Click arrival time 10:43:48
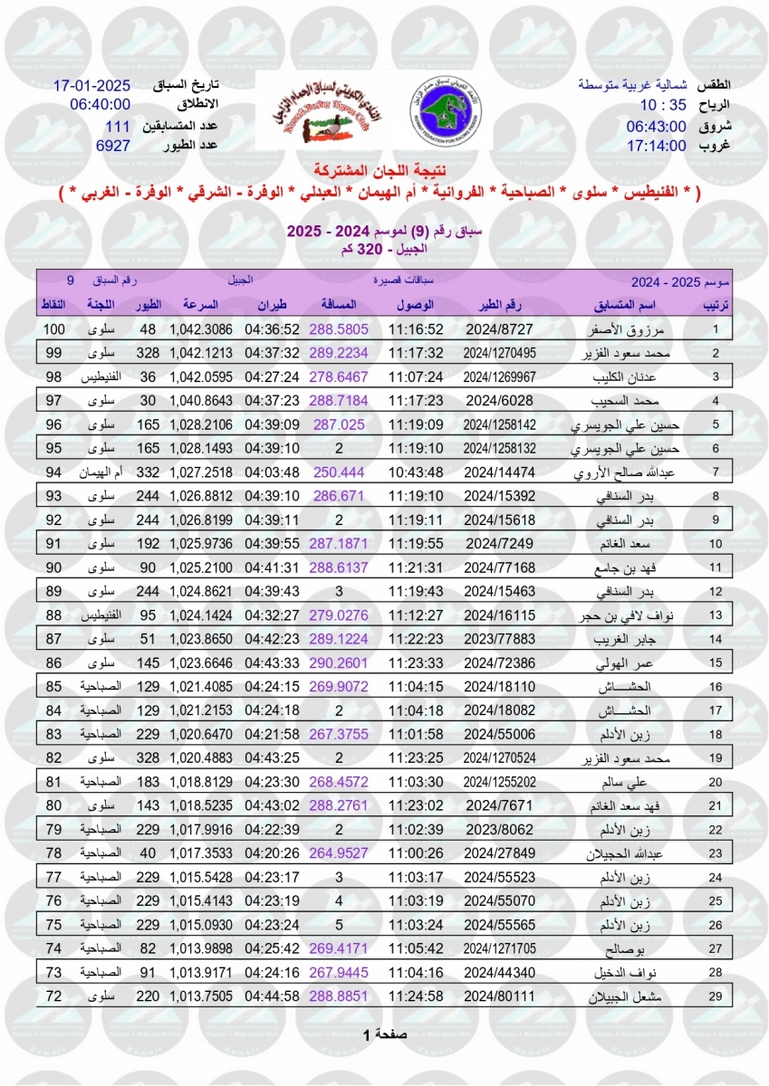[x=416, y=472]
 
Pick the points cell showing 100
[x=55, y=329]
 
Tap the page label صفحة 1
[x=384, y=1034]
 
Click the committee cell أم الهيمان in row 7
[x=103, y=472]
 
